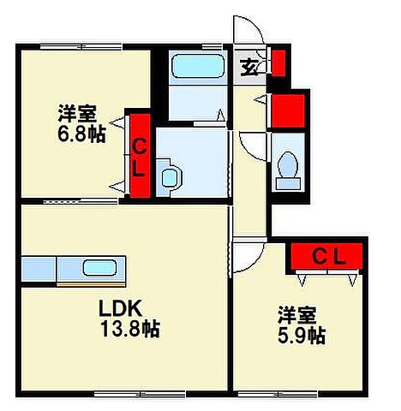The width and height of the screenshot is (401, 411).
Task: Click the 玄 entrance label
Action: click(x=248, y=65)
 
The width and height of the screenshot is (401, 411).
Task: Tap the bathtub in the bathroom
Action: click(x=196, y=67)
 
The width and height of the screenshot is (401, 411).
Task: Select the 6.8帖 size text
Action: click(x=82, y=135)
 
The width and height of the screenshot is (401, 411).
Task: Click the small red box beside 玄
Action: click(x=278, y=63)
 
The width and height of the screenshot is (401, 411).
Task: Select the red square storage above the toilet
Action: click(x=289, y=109)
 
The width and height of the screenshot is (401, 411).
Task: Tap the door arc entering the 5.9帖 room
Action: click(x=245, y=253)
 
